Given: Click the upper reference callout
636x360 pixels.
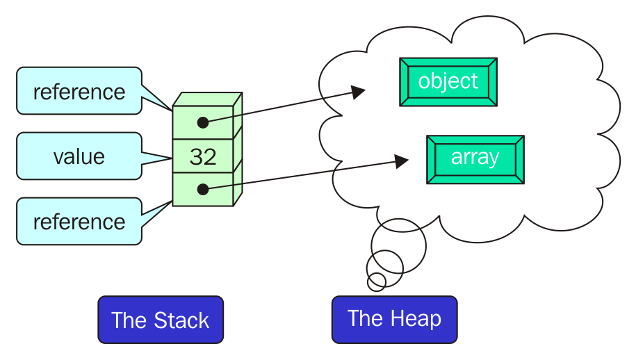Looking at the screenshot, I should click(x=79, y=91).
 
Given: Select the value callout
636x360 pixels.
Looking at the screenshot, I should click(x=79, y=156).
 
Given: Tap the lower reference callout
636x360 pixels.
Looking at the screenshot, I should click(x=79, y=221).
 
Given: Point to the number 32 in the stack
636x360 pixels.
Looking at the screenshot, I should click(x=203, y=157).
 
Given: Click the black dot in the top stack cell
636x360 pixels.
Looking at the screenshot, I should click(x=202, y=122).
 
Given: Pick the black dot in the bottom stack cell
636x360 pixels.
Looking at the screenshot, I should click(x=202, y=189).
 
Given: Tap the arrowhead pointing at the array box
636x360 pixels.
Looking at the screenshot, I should click(x=400, y=161).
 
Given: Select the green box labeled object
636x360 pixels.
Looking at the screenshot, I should click(x=448, y=82).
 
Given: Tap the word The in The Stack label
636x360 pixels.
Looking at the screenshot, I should click(x=128, y=320).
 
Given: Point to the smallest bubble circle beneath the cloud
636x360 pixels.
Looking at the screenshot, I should click(x=377, y=281).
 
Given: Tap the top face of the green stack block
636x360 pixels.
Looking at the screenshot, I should click(x=207, y=99).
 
